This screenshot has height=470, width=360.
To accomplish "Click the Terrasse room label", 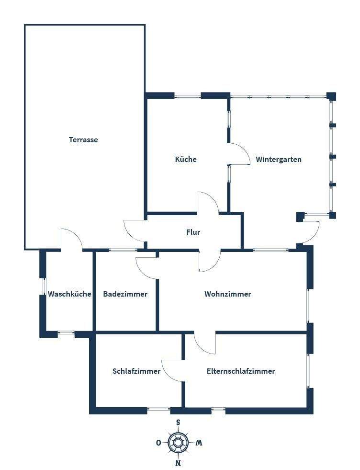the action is [x=83, y=140].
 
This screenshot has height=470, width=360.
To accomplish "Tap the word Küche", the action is [x=186, y=159].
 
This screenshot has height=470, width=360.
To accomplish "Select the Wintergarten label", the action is [x=279, y=159].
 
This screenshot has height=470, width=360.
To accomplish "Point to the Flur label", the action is [x=193, y=232].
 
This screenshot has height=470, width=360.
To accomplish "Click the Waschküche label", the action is [x=69, y=294].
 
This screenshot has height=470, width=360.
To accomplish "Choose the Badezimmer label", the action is [x=125, y=294].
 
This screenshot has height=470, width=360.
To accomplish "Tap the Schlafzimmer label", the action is [x=136, y=371].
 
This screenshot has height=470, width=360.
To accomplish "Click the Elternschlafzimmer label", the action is [x=241, y=371].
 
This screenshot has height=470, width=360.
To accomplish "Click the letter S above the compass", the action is [x=178, y=423].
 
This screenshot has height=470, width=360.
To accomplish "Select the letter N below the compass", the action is [x=178, y=463].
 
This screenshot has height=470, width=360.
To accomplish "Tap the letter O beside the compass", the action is [x=158, y=443].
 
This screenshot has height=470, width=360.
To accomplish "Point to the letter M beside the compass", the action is [x=199, y=443].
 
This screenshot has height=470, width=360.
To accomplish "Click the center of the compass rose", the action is [x=178, y=443].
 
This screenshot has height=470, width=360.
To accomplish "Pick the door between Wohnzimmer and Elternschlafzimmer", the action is [x=205, y=343].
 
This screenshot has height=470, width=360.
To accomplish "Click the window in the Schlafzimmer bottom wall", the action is [x=158, y=409].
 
